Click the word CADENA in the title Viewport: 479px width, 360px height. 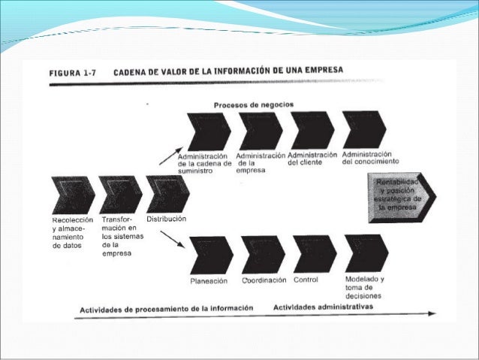click(134, 72)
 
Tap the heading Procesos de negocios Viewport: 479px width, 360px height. click(254, 104)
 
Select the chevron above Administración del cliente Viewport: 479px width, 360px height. click(312, 131)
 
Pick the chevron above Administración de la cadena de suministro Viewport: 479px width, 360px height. click(208, 132)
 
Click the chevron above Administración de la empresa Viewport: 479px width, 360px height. click(260, 131)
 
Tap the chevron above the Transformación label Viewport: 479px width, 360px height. click(121, 195)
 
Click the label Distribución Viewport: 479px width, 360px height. click(167, 219)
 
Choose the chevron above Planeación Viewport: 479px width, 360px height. click(212, 255)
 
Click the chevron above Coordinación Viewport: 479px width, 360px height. click(264, 254)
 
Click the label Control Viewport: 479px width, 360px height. click(305, 280)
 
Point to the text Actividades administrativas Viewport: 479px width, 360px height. click(323, 307)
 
